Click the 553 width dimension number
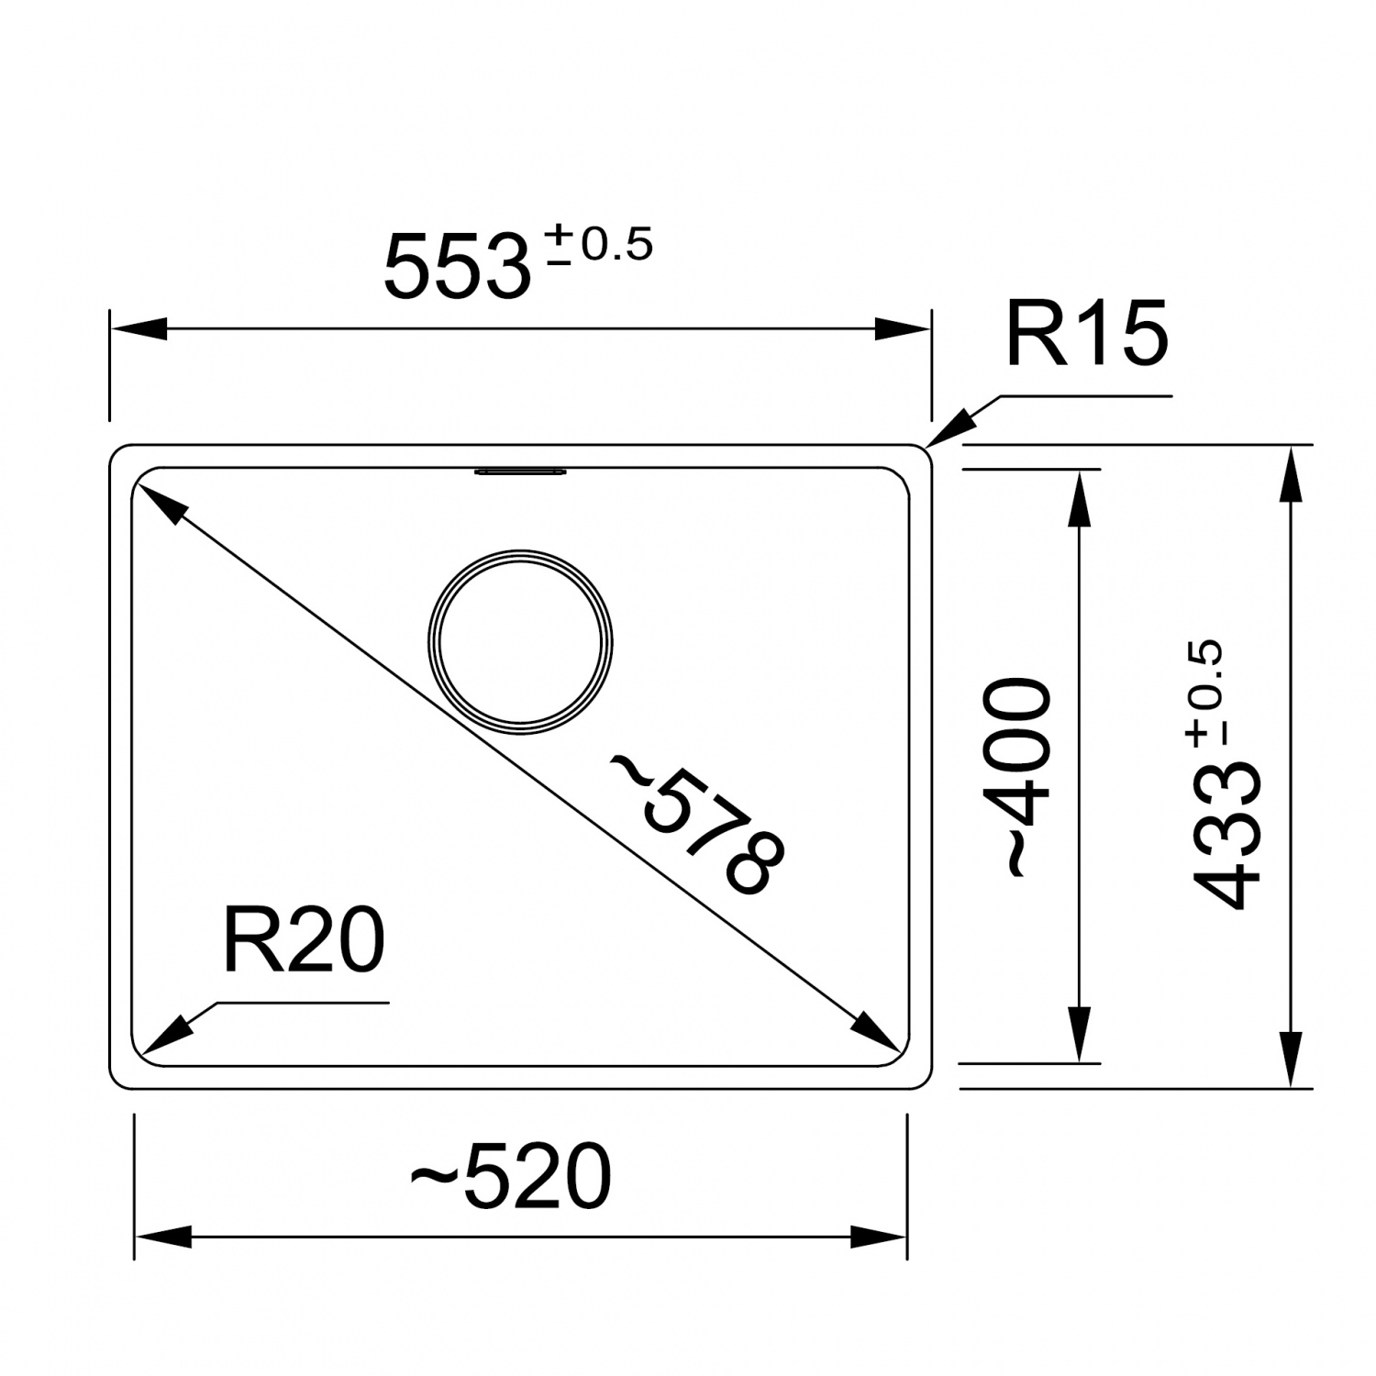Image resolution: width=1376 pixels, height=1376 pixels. click(458, 267)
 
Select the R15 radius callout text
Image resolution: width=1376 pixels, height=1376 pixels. click(1087, 332)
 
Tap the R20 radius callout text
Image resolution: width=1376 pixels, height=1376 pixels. click(304, 941)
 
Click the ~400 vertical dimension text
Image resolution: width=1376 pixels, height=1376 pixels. click(1016, 778)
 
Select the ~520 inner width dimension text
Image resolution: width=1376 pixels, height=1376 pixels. click(510, 1176)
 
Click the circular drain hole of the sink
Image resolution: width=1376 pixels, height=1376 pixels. click(520, 642)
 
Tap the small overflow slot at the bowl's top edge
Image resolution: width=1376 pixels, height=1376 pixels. click(520, 472)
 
